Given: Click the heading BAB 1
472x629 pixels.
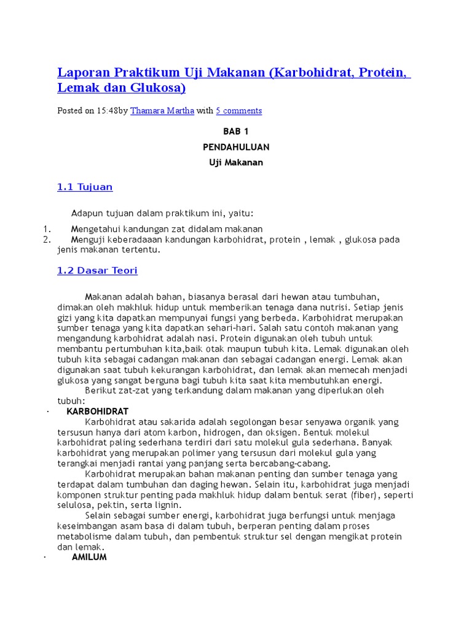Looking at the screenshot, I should pos(236,131).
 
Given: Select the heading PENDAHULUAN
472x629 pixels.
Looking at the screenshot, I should pos(236,147).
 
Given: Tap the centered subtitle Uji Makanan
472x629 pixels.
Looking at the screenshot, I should pos(236,163).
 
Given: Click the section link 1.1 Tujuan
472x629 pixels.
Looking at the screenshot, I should pos(85,187).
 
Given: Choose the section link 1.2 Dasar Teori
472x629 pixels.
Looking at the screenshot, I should pos(97,270).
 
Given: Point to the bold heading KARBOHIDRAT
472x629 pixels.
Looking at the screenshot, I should pos(97,411).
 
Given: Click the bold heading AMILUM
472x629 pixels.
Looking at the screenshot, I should pos(89,557).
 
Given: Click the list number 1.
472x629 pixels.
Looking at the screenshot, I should pos(45,229).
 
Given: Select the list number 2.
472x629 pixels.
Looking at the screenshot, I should pos(45,240).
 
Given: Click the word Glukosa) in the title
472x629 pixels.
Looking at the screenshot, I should pos(159,88).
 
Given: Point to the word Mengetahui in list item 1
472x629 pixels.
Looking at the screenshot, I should pos(98,229).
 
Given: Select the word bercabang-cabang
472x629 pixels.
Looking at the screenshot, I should pos(292,463).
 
